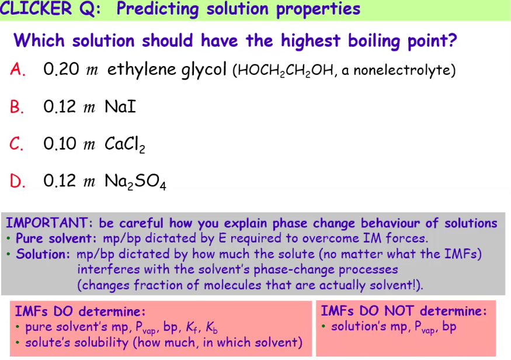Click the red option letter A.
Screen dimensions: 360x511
pyautogui.click(x=16, y=70)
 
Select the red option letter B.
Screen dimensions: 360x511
pyautogui.click(x=16, y=107)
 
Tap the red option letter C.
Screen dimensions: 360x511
pyautogui.click(x=16, y=144)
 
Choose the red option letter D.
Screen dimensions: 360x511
pyautogui.click(x=16, y=181)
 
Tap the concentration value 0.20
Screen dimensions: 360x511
pyautogui.click(x=61, y=70)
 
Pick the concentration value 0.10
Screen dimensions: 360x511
pyautogui.click(x=61, y=144)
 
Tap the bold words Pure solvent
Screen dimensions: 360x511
pyautogui.click(x=57, y=238)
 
